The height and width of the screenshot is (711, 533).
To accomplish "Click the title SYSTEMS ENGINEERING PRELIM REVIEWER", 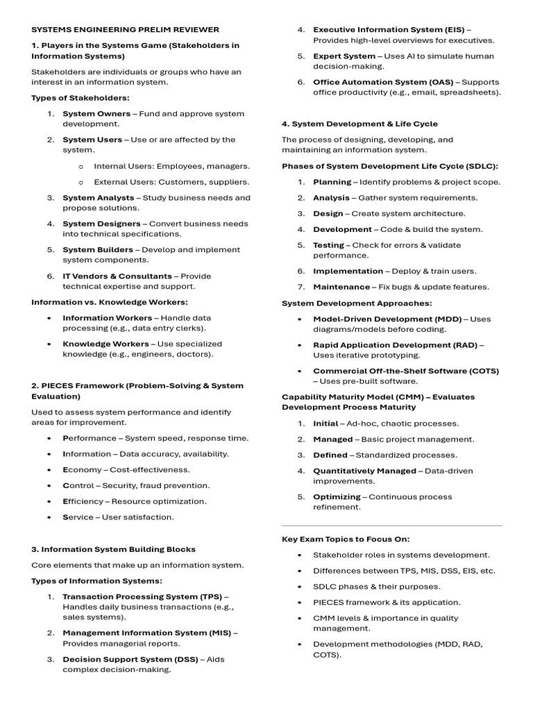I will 125,30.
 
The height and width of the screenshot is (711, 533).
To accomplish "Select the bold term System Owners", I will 96,114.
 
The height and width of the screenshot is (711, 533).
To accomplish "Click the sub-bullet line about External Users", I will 171,182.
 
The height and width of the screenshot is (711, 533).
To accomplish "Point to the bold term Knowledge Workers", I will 105,344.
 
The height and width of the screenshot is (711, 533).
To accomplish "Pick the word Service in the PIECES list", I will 81,517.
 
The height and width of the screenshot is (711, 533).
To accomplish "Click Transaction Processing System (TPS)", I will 142,596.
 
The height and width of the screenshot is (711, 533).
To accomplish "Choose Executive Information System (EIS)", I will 389,30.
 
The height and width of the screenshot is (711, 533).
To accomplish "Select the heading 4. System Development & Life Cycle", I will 359,124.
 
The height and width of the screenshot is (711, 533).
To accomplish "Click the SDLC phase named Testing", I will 328,245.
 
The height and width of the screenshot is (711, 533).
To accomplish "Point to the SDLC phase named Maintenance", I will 341,287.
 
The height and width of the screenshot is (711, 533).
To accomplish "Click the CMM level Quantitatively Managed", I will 364,471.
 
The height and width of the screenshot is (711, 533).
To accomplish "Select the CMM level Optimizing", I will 337,496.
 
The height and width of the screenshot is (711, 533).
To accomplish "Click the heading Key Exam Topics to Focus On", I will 346,539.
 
